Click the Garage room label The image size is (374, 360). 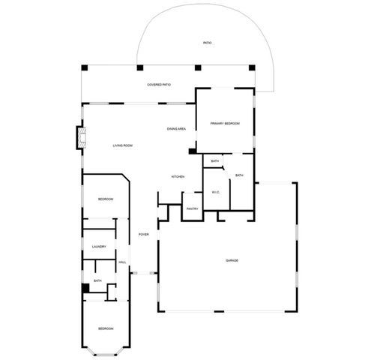[x=232, y=260]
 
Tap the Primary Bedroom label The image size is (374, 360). [x=225, y=123]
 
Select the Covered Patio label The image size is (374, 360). [x=159, y=85]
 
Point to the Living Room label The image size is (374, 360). [x=123, y=145]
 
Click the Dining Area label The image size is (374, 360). [x=176, y=129]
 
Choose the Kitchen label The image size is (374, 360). [x=178, y=177]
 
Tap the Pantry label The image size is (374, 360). [x=192, y=209]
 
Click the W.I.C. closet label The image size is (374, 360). [x=215, y=192]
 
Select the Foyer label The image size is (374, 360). [x=143, y=235]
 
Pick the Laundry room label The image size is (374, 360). [x=99, y=247]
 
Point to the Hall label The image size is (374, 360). [x=122, y=262]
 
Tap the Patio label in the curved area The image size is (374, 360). [x=208, y=43]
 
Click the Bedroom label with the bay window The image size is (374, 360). [x=106, y=328]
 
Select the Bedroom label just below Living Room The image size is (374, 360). [x=106, y=199]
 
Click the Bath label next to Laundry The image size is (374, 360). [x=97, y=281]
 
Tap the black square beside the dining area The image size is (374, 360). [x=192, y=151]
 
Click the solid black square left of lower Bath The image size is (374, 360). [x=85, y=288]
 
